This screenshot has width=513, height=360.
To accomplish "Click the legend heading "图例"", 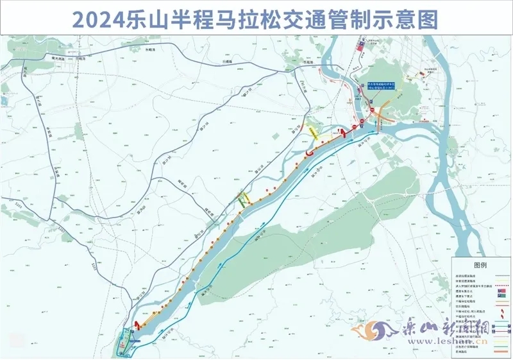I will coord(480,264).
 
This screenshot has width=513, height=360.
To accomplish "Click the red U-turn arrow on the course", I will coord(310,153).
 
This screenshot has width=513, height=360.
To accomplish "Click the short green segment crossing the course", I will coord(241,200).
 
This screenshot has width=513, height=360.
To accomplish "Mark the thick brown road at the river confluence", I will coord(385,113).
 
